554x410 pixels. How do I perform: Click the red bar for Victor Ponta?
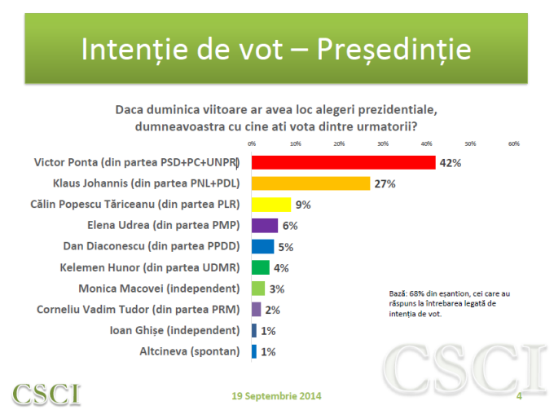tap(344, 162)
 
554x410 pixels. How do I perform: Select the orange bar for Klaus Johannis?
tap(310, 183)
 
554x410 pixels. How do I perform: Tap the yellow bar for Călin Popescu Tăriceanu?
tap(271, 205)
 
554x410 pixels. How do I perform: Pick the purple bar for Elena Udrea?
tap(265, 225)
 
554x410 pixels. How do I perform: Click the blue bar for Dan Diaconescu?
tap(262, 246)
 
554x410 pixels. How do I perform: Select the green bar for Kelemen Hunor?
tap(261, 267)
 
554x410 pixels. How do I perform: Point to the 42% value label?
tap(451, 163)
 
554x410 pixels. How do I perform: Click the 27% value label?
tap(385, 184)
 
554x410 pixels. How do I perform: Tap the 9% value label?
tap(304, 205)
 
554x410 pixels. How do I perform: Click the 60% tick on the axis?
tap(514, 143)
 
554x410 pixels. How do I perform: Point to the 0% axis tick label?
tap(252, 143)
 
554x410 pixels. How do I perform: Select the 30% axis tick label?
tap(383, 143)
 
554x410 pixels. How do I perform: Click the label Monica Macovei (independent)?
tap(159, 289)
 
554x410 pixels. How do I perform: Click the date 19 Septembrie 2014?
tap(277, 396)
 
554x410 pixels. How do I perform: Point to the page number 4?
tap(519, 396)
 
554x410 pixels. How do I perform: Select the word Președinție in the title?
tap(394, 48)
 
